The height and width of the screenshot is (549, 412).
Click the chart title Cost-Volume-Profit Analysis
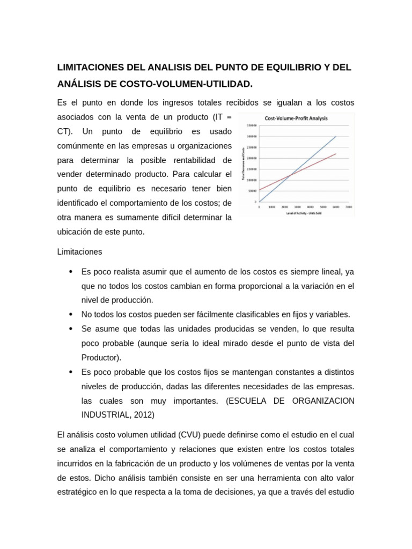click(296, 118)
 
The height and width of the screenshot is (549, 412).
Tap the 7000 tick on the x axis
click(349, 206)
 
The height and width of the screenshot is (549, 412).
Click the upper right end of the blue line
click(336, 136)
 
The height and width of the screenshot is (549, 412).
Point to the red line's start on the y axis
click(260, 190)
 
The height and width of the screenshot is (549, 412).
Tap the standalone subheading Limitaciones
click(79, 251)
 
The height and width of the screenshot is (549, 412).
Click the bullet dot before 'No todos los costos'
click(71, 314)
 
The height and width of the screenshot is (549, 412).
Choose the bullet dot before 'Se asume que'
click(71, 329)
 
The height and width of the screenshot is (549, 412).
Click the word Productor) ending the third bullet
click(101, 357)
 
